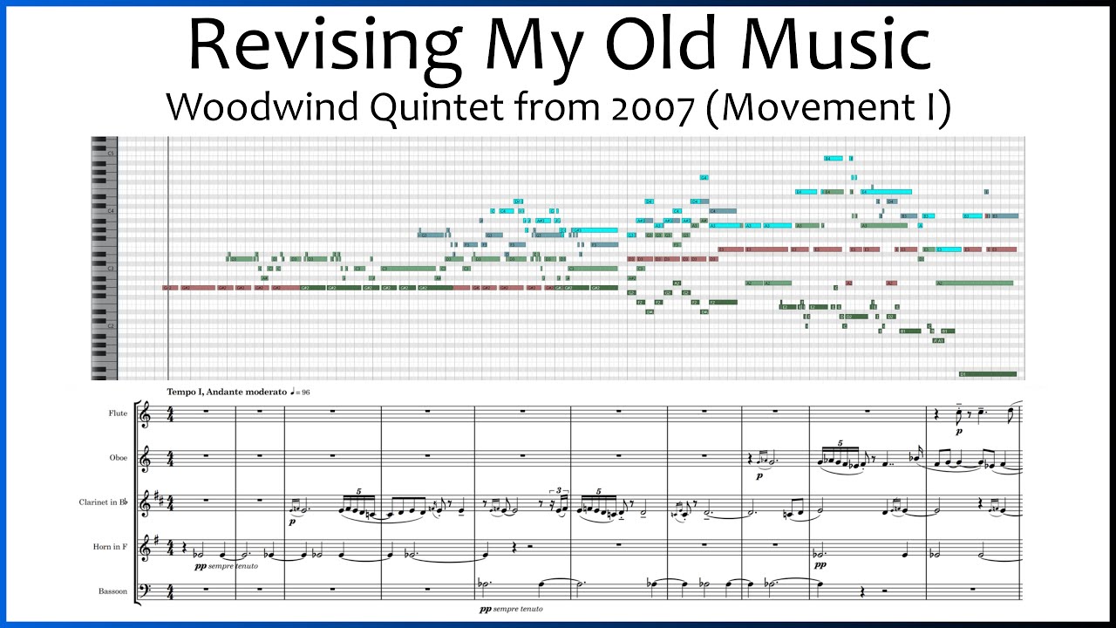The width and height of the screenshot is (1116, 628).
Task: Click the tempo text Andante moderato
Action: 247,392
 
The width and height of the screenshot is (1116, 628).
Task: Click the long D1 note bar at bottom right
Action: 987,374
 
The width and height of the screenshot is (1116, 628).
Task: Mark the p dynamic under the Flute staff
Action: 959,431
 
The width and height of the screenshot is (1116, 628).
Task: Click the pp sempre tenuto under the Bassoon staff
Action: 510,609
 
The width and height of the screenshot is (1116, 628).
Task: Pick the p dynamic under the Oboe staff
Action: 759,476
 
